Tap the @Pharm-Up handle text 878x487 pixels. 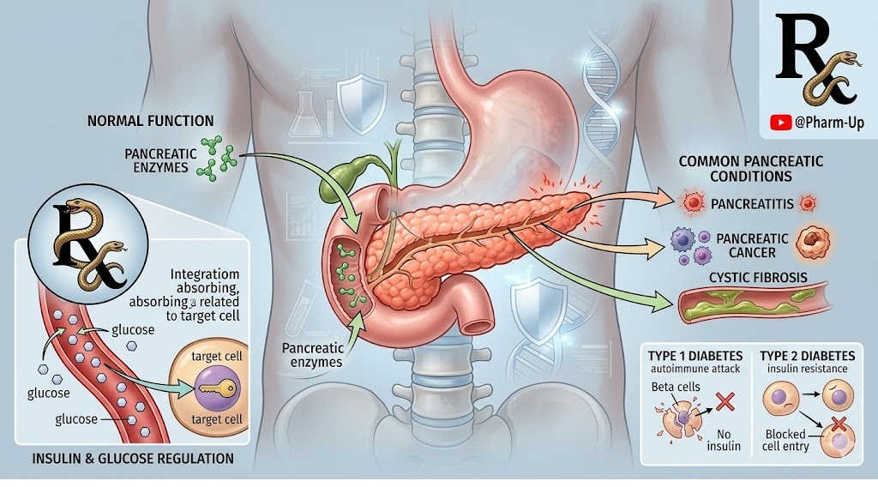[829, 123]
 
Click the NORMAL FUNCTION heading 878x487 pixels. [151, 121]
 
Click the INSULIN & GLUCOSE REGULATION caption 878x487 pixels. [133, 459]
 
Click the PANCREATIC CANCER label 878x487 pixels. [746, 245]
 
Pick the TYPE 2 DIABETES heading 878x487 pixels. [808, 356]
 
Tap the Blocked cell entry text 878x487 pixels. [785, 441]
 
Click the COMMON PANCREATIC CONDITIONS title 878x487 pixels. [750, 169]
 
